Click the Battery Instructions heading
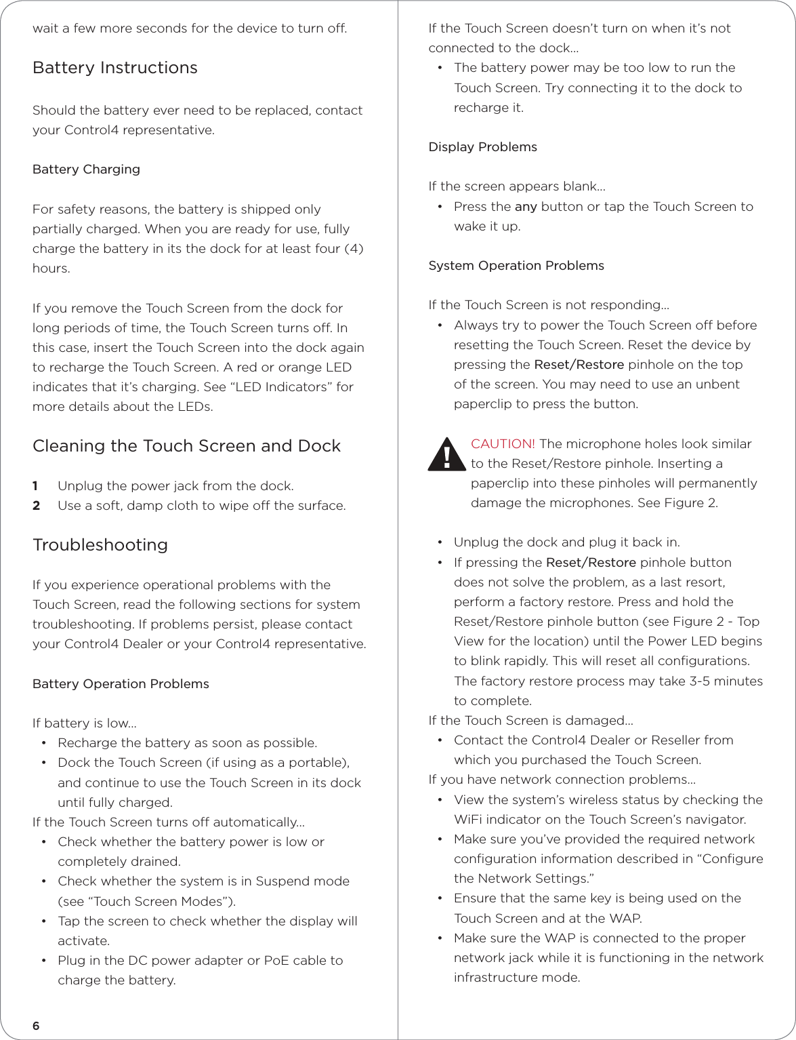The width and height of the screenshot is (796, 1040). [x=115, y=68]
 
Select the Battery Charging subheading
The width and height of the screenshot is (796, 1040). [x=86, y=169]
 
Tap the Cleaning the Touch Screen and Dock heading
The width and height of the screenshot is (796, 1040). [x=186, y=446]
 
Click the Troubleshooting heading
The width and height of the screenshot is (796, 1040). [x=100, y=545]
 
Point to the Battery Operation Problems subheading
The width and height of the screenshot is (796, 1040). [x=121, y=684]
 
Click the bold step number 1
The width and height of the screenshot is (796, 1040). [x=36, y=486]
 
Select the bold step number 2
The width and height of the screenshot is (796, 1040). [x=37, y=506]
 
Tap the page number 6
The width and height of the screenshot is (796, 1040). [x=36, y=1026]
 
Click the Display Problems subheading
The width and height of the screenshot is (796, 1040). [x=482, y=147]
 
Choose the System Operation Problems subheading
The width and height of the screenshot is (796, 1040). [x=516, y=266]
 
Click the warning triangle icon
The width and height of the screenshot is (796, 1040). [x=446, y=455]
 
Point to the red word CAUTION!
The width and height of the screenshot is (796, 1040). [x=503, y=444]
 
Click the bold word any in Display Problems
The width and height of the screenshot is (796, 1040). [x=526, y=207]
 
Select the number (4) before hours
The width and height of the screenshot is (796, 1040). [x=354, y=249]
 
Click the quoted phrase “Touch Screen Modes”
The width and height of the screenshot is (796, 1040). [x=149, y=902]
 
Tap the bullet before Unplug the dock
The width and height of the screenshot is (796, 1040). [x=440, y=542]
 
